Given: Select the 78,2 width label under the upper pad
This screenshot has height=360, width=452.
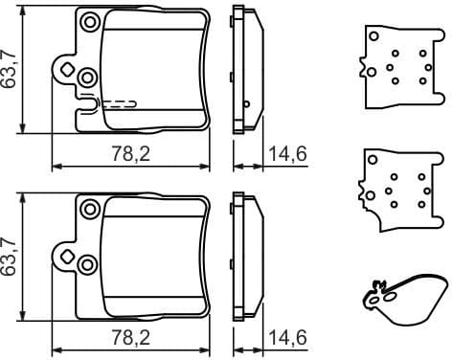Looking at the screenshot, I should [129, 153].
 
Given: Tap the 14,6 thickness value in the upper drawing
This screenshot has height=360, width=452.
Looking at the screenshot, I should [286, 153].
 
